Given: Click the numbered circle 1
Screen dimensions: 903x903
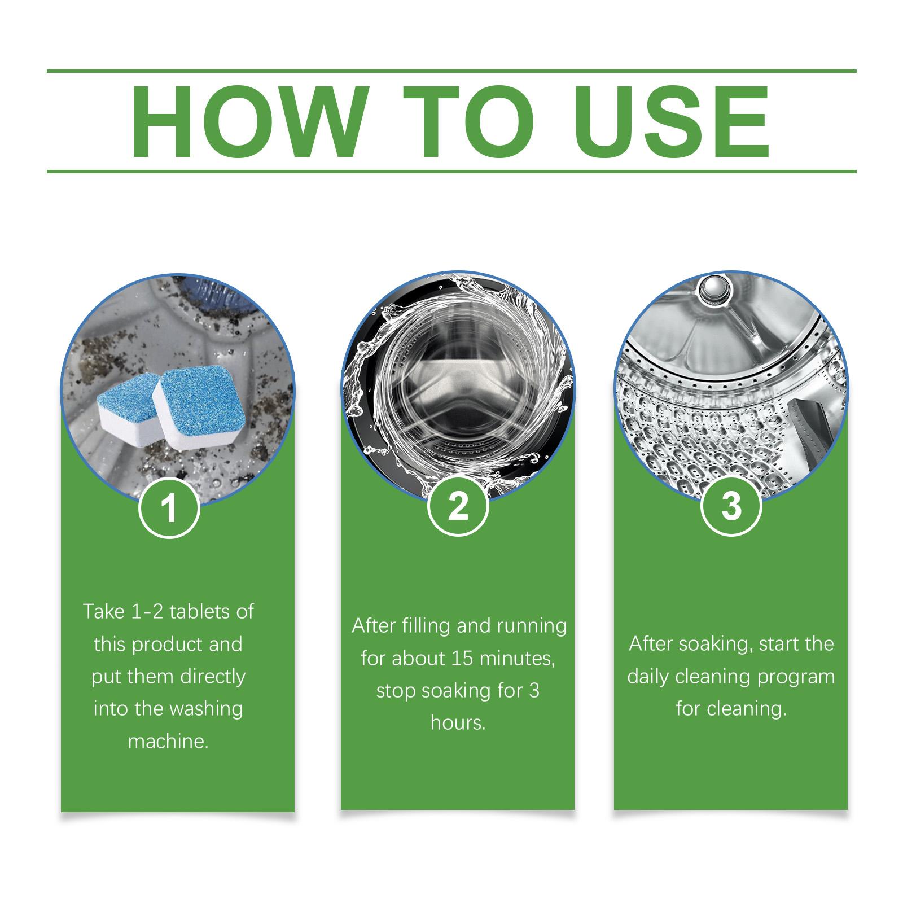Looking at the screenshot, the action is [x=169, y=508].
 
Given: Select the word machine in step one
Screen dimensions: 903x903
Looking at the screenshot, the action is [x=168, y=741].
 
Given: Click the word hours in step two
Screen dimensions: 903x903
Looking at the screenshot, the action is [x=458, y=723].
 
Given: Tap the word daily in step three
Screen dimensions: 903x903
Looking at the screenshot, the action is [x=648, y=677].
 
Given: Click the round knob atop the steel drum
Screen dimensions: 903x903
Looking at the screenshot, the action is [x=710, y=290].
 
